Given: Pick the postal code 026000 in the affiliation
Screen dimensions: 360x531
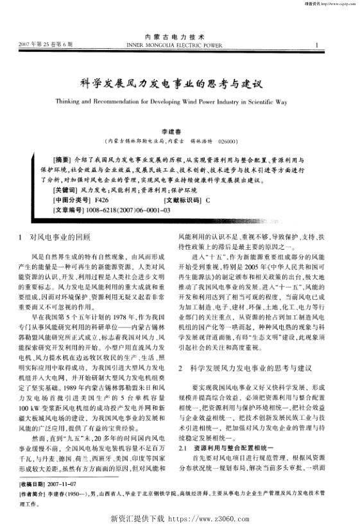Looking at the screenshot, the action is pyautogui.click(x=228, y=141).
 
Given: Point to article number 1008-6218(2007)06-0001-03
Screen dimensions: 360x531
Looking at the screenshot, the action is pyautogui.click(x=125, y=210).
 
